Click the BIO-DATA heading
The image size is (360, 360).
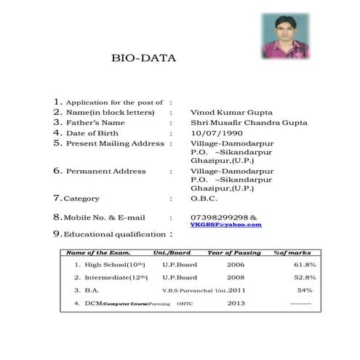[x=143, y=57]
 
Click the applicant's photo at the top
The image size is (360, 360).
[x=285, y=36]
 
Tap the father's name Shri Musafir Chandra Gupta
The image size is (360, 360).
[x=248, y=123]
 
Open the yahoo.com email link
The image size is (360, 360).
[x=225, y=225]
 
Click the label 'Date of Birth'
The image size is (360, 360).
[x=93, y=133]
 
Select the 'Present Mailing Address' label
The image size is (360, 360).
[x=115, y=143]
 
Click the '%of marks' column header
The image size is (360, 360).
[x=295, y=252]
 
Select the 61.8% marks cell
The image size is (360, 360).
[x=305, y=265]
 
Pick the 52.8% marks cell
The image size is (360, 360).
[x=305, y=277]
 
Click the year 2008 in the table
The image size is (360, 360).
[x=236, y=277]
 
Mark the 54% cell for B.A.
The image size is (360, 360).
[x=305, y=290]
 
